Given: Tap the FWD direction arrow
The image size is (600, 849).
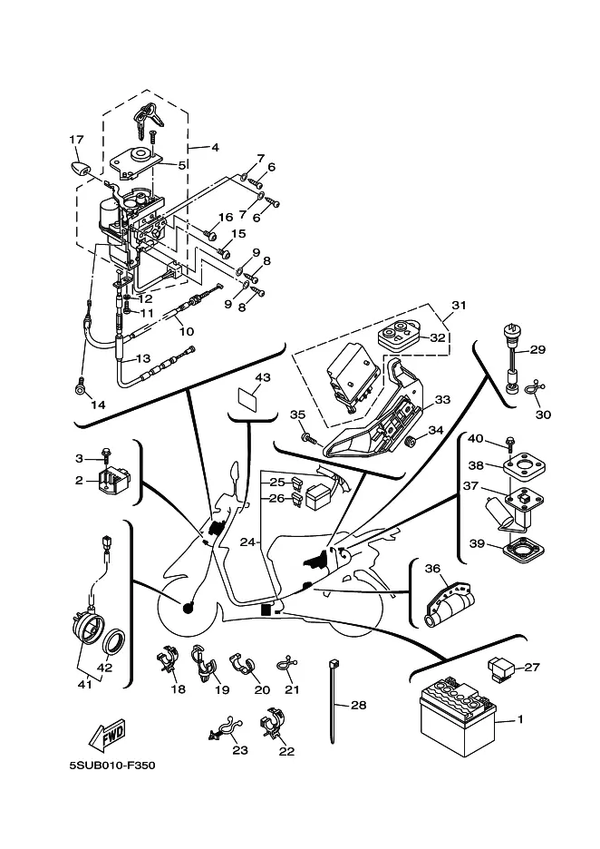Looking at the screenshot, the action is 107,734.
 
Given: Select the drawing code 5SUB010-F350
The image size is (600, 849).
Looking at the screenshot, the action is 112,766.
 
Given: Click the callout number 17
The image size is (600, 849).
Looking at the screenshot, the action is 76,140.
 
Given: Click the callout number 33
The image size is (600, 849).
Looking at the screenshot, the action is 442,400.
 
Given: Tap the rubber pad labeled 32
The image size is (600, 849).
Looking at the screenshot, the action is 398,336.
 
